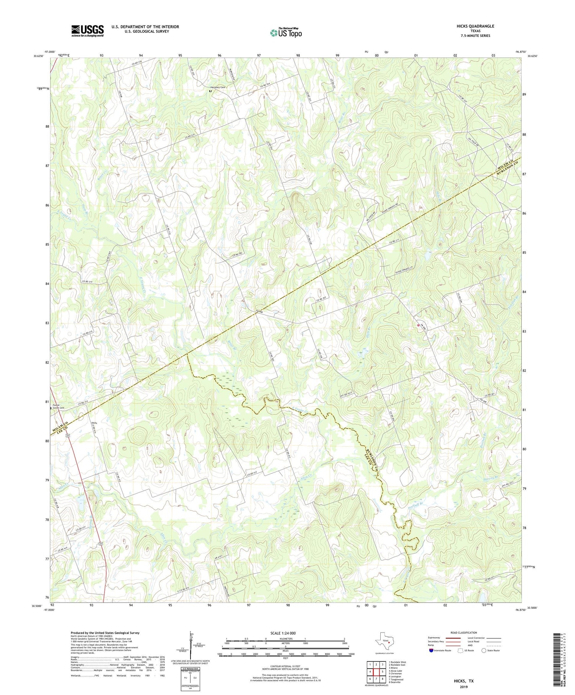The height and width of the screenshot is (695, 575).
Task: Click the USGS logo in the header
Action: tap(87, 31)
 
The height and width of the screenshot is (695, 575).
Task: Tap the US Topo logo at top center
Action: tap(285, 33)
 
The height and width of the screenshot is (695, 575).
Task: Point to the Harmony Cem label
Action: tap(217, 87)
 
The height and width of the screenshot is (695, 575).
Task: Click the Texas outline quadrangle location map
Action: tap(384, 642)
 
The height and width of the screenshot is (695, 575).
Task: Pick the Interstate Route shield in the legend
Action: tap(431, 651)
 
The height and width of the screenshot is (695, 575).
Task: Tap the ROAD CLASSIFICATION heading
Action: tap(464, 633)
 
